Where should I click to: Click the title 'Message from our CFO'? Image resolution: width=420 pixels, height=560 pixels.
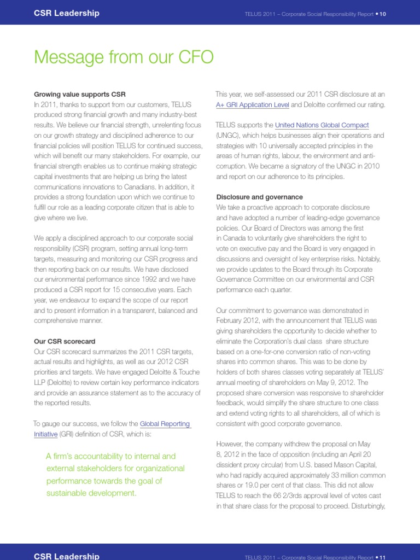(124, 57)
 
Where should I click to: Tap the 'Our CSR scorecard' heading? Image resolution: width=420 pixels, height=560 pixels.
(65, 341)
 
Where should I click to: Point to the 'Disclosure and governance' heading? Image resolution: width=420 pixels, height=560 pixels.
(259, 197)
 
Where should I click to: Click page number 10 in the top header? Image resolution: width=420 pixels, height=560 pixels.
(383, 14)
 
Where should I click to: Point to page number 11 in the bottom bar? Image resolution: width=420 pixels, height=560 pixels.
(383, 557)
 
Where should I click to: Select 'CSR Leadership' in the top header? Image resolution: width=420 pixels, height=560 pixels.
(67, 13)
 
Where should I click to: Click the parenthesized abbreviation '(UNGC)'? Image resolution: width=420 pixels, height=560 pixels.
(229, 136)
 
